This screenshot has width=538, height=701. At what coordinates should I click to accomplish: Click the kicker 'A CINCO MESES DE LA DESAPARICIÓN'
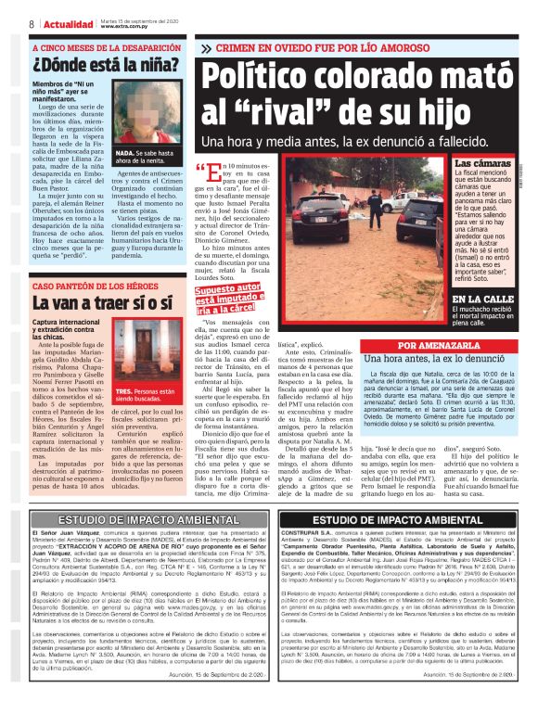(x=92, y=51)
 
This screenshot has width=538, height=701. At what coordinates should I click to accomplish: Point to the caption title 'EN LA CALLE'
(x=480, y=300)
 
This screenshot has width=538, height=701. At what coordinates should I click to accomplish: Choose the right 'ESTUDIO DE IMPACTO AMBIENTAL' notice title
(x=401, y=520)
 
